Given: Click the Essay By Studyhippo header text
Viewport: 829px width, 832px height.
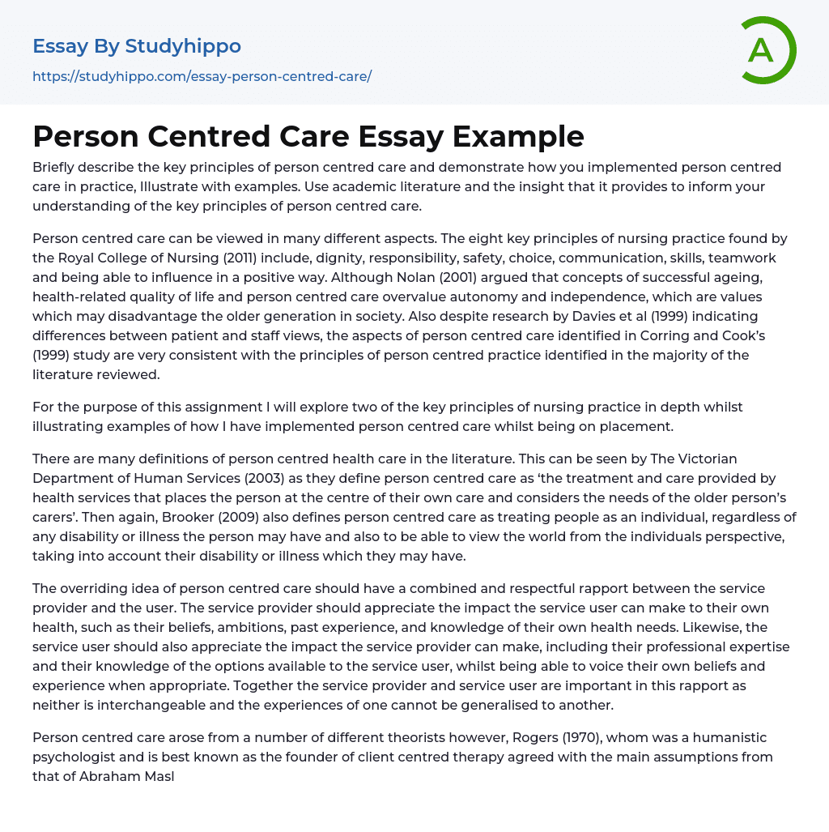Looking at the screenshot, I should tap(137, 46).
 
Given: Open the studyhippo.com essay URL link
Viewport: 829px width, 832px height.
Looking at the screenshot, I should tap(202, 76).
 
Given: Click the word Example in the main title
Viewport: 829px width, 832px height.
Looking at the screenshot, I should tap(518, 136).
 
